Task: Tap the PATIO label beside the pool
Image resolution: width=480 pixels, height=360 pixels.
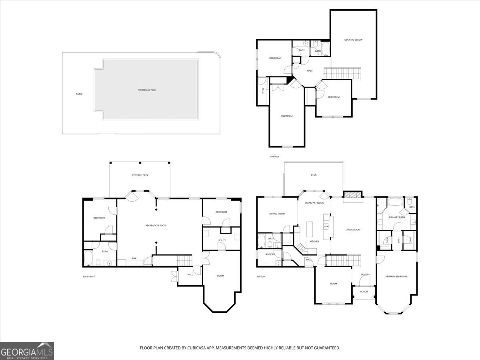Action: (x=79, y=94)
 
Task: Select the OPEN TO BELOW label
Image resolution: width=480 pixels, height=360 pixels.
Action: (x=353, y=40)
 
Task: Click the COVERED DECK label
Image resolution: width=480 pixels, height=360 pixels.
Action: (x=140, y=175)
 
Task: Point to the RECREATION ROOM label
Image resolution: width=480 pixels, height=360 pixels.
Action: (x=156, y=226)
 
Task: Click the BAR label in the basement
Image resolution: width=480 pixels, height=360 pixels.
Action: (x=134, y=258)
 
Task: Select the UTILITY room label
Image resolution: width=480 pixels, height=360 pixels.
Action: (x=222, y=240)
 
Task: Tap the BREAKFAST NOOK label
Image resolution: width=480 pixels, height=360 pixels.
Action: (x=314, y=203)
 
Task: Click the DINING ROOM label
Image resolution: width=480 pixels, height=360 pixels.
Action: (x=277, y=214)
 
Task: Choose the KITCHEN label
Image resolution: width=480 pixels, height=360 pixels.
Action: (x=314, y=242)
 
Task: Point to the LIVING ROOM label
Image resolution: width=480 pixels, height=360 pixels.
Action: (x=353, y=230)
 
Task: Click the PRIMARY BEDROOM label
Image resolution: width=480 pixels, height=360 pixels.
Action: (x=396, y=276)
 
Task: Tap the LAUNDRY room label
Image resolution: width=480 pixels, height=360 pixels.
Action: (x=269, y=254)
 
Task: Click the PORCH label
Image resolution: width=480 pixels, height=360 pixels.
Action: (x=364, y=292)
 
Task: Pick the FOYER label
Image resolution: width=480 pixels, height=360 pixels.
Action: (x=364, y=274)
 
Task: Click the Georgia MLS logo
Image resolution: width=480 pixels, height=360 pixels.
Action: (x=27, y=351)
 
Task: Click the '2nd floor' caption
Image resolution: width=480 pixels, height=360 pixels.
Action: (x=274, y=156)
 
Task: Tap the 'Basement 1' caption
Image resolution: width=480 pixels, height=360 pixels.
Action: (x=89, y=276)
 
